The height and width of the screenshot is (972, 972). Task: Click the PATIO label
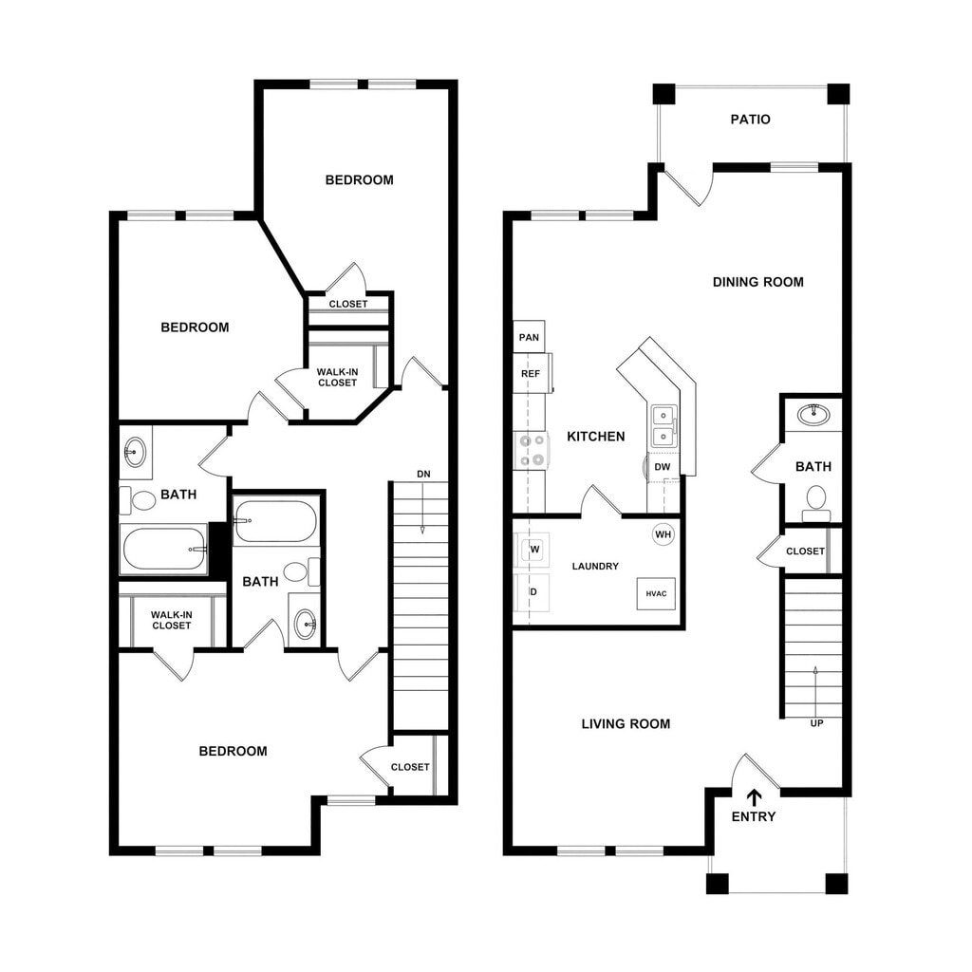(x=750, y=120)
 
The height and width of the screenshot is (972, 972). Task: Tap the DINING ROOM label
(x=757, y=282)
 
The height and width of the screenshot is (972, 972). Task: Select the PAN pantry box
(x=529, y=337)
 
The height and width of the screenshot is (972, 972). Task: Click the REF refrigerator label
(x=530, y=374)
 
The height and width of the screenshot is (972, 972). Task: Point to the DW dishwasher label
(x=663, y=467)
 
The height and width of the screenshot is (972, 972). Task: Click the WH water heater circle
(x=663, y=534)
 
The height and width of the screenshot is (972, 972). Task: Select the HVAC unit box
(x=656, y=593)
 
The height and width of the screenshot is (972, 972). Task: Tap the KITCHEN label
(x=595, y=437)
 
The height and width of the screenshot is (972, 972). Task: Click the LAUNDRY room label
(x=595, y=567)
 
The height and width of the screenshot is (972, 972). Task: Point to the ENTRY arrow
(x=755, y=797)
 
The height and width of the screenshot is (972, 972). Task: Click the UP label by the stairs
(x=816, y=723)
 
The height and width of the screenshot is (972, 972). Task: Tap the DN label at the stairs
(x=422, y=474)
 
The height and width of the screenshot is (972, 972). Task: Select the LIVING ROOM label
(x=626, y=724)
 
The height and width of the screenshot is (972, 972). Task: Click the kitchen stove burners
(x=532, y=450)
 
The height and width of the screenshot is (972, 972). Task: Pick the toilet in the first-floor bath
(x=815, y=499)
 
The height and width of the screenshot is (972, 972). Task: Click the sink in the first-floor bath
(x=812, y=414)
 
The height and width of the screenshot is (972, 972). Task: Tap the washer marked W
(x=533, y=550)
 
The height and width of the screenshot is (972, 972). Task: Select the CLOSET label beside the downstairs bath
(x=805, y=551)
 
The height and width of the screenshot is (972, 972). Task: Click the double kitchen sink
(x=663, y=426)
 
